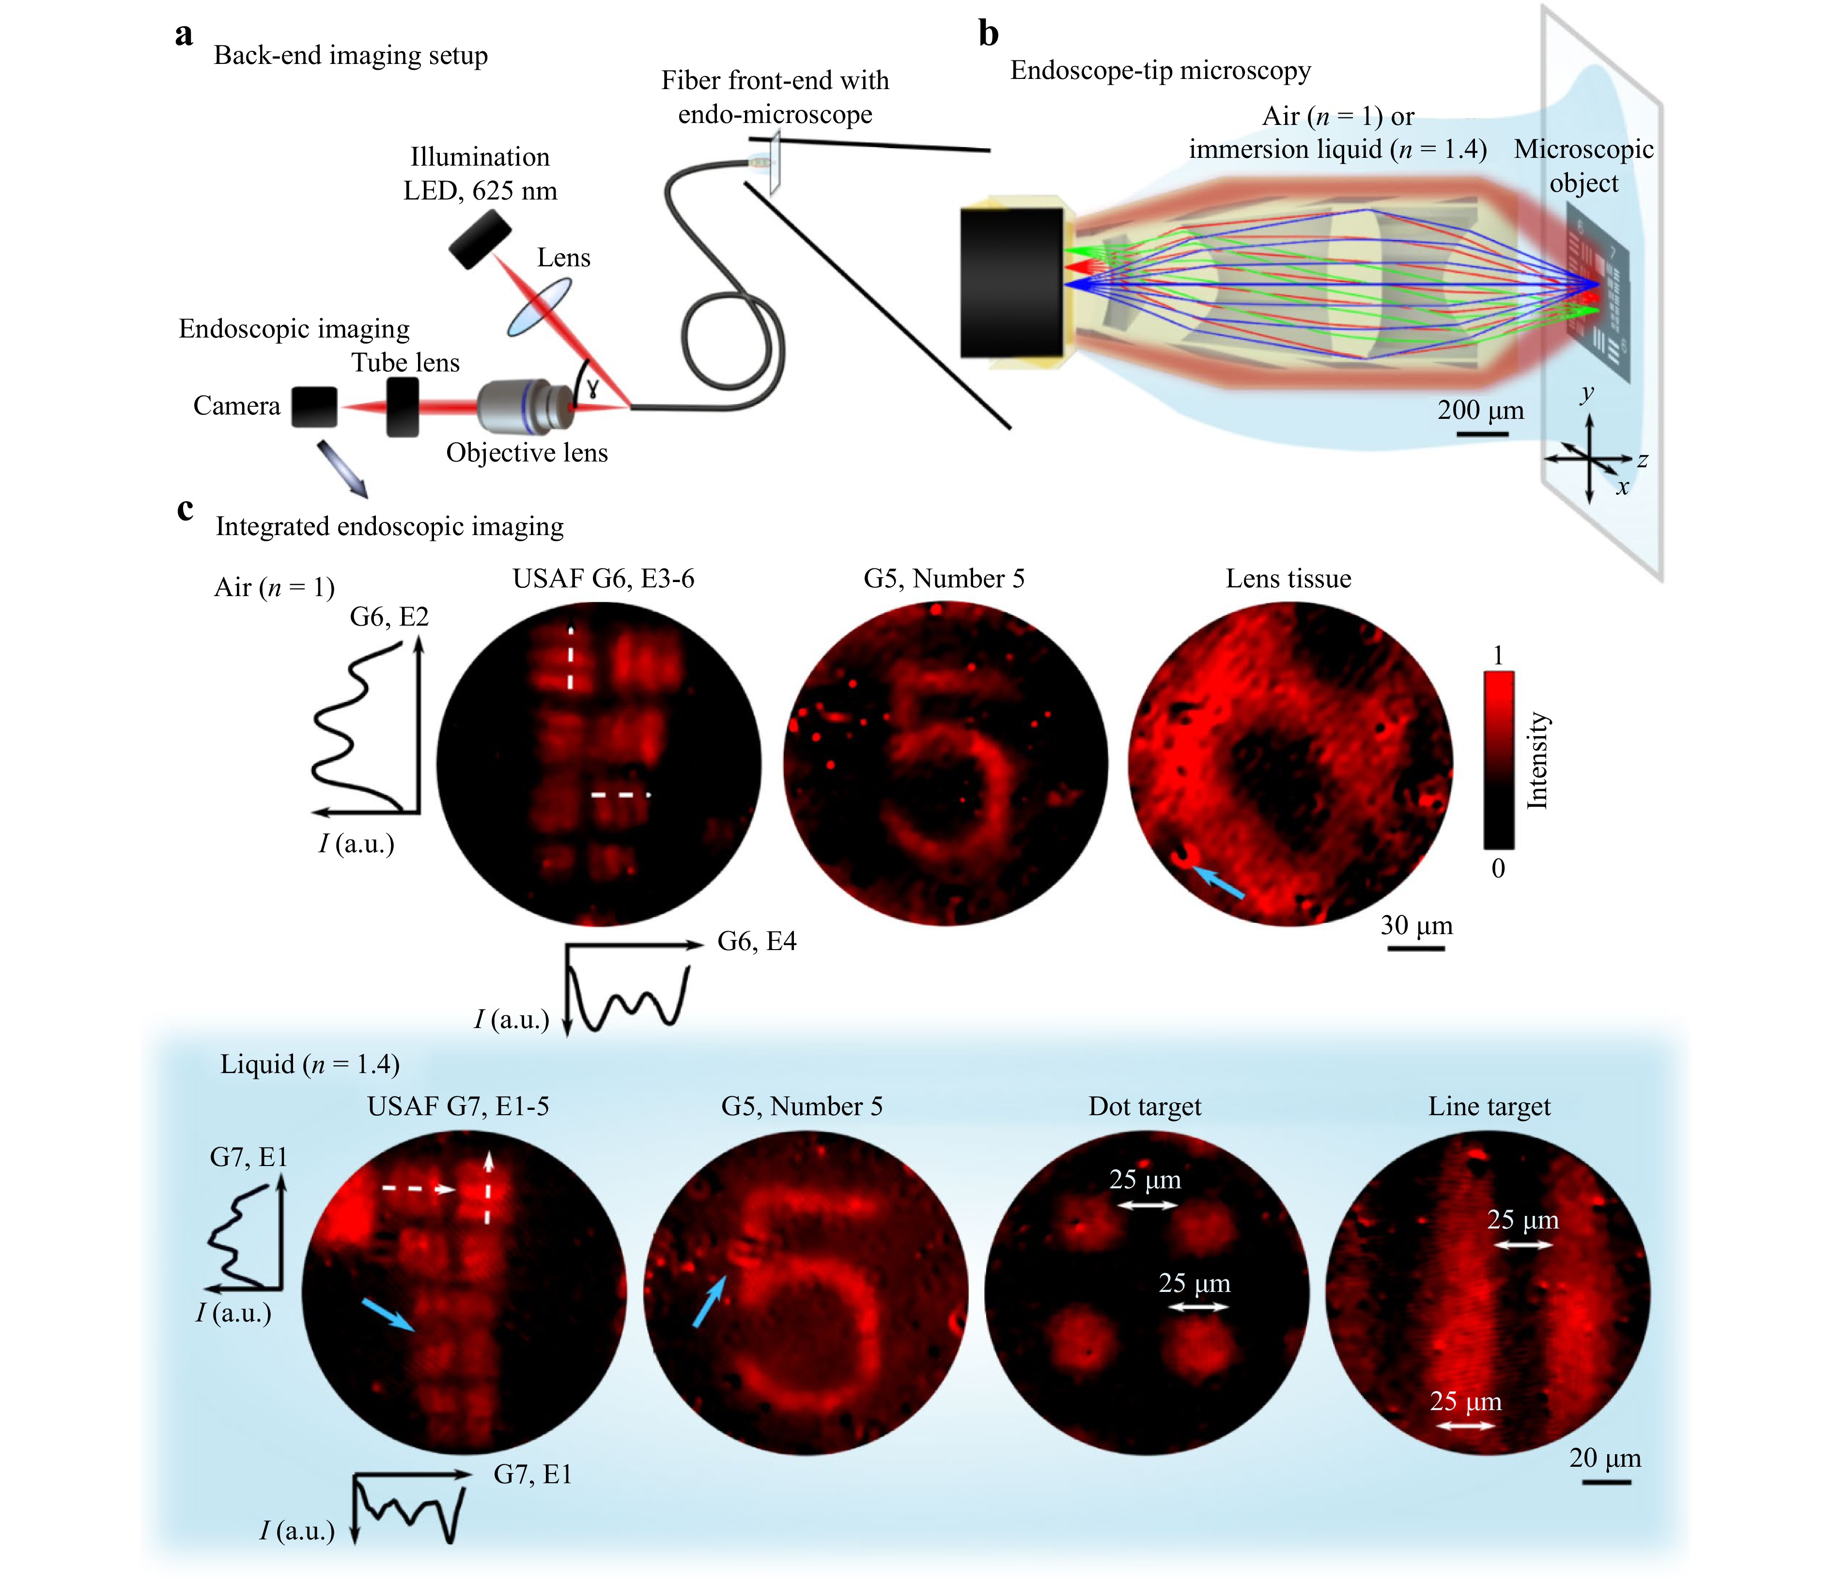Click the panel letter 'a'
[184, 35]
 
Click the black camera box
[314, 406]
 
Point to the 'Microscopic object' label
[1583, 166]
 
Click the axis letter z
[1642, 460]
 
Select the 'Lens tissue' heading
[1288, 579]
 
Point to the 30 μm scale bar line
[1416, 948]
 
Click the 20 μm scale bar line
[1606, 1481]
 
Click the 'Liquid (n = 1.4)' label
[310, 1064]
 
